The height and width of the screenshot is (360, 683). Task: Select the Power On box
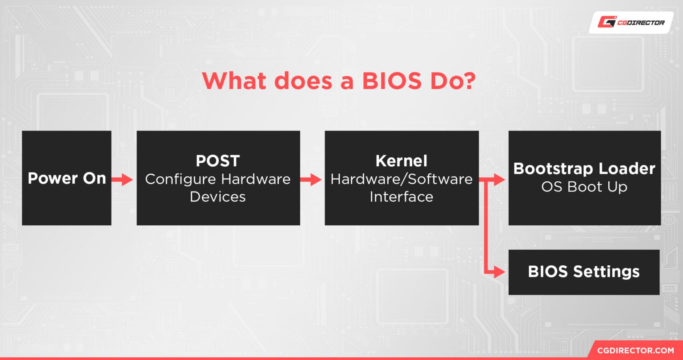[x=67, y=178]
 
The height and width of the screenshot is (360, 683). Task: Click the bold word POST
[x=218, y=161]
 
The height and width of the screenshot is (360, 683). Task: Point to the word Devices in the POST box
[x=218, y=196]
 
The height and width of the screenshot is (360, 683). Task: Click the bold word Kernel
[x=402, y=161]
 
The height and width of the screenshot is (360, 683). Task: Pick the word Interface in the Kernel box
[x=402, y=196]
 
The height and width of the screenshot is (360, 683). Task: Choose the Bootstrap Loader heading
[x=584, y=169]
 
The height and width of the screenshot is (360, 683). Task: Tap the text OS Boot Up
[x=584, y=187]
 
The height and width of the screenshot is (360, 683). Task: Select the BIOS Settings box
[x=584, y=272]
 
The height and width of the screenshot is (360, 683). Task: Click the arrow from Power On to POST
[x=123, y=180]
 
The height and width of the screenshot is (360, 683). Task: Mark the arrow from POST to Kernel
[x=311, y=180]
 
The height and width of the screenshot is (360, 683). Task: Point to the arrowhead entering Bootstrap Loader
[x=500, y=180]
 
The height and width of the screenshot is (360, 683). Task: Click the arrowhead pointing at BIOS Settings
[x=500, y=272]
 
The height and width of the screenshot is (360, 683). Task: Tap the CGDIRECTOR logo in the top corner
[x=631, y=22]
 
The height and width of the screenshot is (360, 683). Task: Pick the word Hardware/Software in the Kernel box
[x=402, y=179]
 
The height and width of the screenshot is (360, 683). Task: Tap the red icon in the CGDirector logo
[x=606, y=22]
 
